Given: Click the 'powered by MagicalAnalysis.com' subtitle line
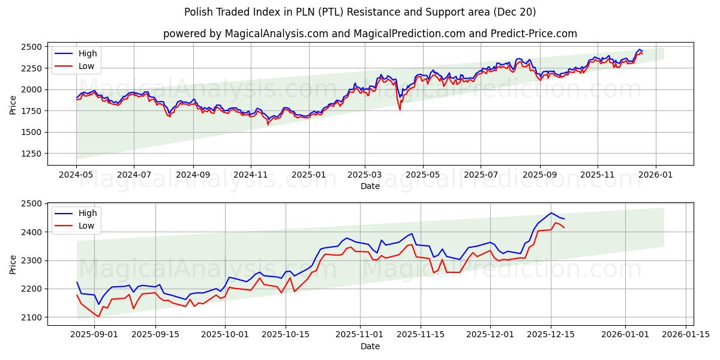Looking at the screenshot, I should pos(370,34).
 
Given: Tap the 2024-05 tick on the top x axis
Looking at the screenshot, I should pos(76,175).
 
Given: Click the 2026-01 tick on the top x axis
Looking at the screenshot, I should pos(655,175).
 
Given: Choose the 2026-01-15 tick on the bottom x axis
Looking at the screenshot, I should pos(686,334).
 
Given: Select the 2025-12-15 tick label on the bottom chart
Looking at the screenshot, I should pos(551,334).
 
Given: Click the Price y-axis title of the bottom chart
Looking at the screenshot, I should pos(13,264).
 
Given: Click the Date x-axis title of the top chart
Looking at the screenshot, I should pos(370,186).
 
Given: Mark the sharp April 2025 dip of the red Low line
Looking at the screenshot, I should pos(400,109).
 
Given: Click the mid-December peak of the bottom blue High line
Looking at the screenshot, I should pos(551,213).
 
